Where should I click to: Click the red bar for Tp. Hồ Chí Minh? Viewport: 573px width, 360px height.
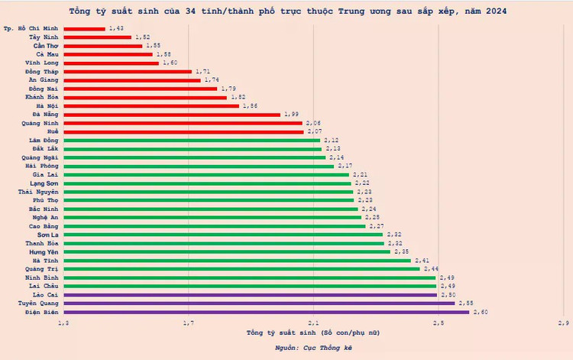coord(84,28)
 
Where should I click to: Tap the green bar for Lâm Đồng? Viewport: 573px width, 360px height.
coord(192,140)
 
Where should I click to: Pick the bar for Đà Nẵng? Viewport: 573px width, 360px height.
coord(172,114)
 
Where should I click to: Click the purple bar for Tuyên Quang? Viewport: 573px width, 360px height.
coord(259,303)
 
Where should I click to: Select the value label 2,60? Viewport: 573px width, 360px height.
coord(481,312)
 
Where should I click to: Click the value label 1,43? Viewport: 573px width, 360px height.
coord(117,28)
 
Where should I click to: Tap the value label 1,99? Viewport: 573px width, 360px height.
coord(291,114)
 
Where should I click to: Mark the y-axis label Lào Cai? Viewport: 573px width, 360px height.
coord(44,294)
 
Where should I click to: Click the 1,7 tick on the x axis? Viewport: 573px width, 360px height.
coord(189,324)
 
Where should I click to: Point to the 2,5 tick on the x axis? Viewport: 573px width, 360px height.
coord(438,324)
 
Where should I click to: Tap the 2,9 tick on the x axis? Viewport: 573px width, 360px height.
coord(562,324)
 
